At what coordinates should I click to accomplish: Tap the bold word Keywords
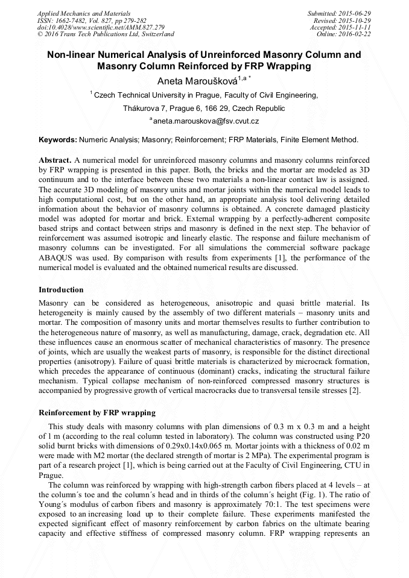click(58, 140)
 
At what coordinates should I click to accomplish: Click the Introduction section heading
click(61, 290)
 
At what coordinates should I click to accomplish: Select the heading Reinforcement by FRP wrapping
click(97, 413)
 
